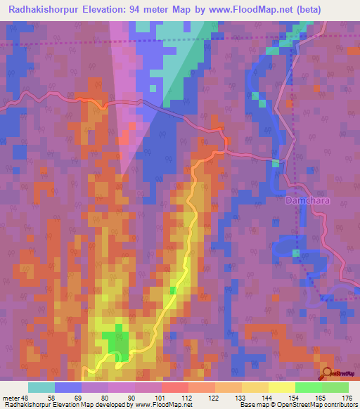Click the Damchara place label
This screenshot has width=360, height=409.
(x=307, y=201)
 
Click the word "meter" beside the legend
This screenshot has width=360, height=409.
(x=11, y=397)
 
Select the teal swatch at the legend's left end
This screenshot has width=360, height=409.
(x=41, y=387)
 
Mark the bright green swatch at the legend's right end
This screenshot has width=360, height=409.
(x=335, y=387)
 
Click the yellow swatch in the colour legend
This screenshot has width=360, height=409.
(x=281, y=387)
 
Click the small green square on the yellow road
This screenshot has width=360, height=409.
(x=173, y=290)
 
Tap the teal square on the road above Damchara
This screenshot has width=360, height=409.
(x=276, y=163)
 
